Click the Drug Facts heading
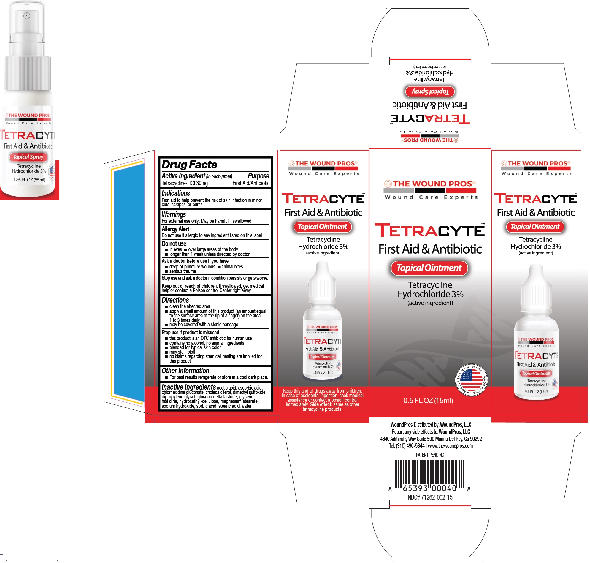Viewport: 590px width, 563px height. click(189, 165)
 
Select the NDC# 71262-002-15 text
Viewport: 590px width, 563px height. click(430, 498)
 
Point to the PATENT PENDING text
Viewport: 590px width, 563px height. click(430, 455)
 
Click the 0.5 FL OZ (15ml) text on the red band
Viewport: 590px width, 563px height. click(428, 401)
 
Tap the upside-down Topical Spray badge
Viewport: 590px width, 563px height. click(430, 91)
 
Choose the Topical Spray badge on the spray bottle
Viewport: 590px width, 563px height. click(28, 157)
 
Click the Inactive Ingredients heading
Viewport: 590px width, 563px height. click(189, 387)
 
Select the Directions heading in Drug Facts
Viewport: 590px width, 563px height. click(175, 300)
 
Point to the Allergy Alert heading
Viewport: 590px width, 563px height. click(175, 229)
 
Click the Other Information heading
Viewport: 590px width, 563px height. click(185, 371)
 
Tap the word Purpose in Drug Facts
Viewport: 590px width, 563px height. click(258, 176)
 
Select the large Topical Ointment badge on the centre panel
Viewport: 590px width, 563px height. click(429, 268)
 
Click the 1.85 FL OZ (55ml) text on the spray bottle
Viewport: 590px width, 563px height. click(29, 180)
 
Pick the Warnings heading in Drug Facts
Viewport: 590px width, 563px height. click(174, 215)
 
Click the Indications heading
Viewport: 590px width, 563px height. click(176, 193)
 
